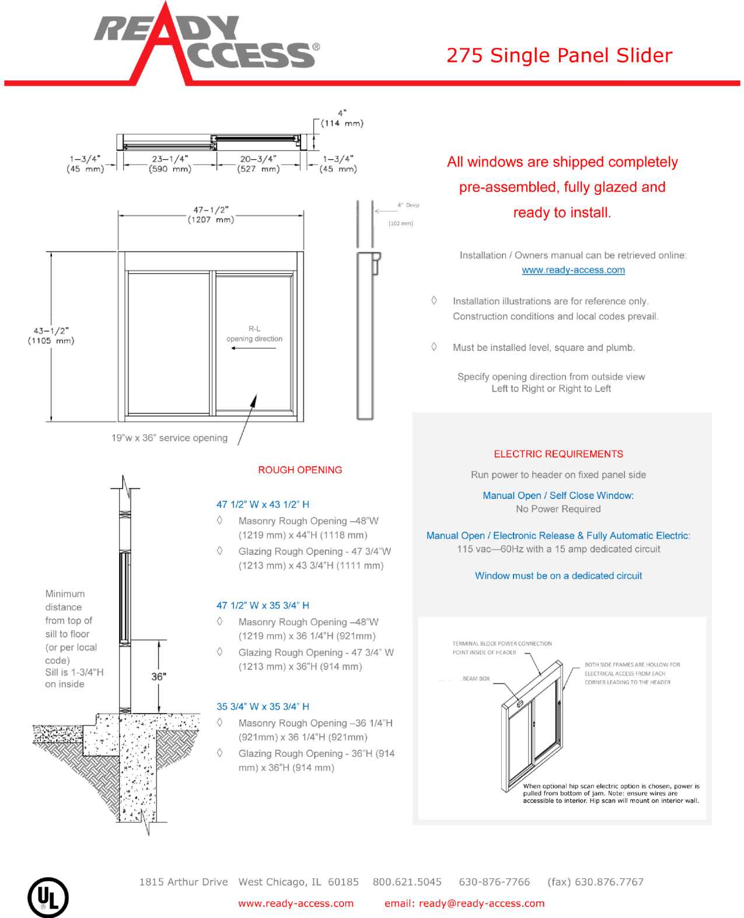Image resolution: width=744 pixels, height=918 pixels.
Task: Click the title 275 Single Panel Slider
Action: point(559,55)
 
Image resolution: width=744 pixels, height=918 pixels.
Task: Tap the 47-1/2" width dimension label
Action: point(211,214)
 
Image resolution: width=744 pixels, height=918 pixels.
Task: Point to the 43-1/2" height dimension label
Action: point(51,336)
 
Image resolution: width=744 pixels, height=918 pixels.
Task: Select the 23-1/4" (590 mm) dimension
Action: point(170,163)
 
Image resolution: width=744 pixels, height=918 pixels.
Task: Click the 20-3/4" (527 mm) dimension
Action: point(258,163)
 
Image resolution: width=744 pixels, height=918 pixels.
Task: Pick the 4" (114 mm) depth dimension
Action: point(342,118)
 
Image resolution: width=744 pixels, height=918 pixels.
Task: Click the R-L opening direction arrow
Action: point(253,348)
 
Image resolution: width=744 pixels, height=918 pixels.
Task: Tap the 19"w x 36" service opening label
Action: point(169,438)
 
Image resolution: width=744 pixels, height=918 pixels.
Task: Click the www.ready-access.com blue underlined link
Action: point(573,270)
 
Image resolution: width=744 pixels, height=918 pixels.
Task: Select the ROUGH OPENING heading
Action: point(300,470)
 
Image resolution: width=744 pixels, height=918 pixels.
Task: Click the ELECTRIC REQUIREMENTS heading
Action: point(558,454)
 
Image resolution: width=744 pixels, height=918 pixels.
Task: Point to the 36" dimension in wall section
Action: point(158,676)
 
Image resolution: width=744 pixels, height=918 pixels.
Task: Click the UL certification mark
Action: point(48,897)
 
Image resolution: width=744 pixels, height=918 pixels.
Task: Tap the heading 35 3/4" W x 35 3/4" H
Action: point(263,707)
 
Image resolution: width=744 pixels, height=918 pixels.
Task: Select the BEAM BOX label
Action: point(476,679)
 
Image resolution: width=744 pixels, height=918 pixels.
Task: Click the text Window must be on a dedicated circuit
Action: point(558,575)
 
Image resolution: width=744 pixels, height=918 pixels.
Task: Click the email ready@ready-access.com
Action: point(464,903)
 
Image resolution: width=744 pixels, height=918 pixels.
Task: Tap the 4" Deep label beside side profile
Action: point(408,205)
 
